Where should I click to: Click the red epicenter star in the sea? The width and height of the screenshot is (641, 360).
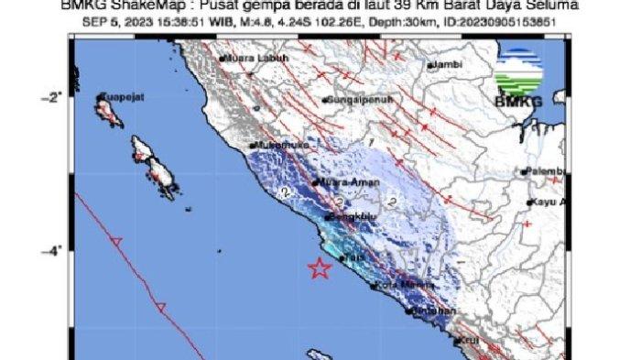tap(319, 269)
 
